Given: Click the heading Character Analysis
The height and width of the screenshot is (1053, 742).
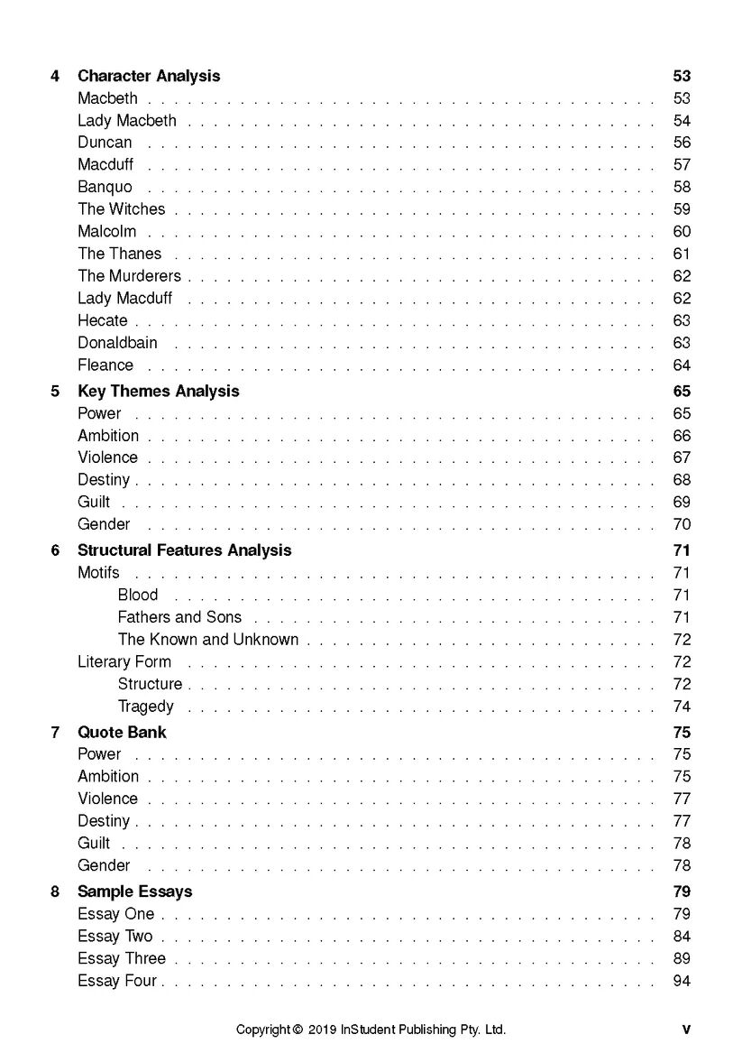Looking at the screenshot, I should (149, 76).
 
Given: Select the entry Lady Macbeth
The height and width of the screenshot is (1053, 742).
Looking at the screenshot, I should (127, 121).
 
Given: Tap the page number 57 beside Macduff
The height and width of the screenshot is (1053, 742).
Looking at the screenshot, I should (682, 165).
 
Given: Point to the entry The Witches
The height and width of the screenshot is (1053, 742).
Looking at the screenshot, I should (122, 209).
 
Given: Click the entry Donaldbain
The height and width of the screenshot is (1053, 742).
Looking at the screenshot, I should (117, 343).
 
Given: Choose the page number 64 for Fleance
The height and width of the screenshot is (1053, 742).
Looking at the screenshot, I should (682, 365).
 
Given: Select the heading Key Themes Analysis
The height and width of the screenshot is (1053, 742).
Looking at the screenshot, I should (159, 392).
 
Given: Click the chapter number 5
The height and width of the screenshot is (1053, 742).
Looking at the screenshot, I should (55, 392).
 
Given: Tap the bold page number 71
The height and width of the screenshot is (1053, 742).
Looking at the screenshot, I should (682, 550).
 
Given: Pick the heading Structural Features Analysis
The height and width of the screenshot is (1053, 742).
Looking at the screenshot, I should (185, 550).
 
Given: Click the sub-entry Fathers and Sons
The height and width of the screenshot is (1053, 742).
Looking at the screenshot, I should (179, 617).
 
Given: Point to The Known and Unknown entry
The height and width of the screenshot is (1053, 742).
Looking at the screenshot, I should (208, 640).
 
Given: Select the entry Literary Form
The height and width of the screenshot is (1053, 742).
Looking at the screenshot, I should (124, 661).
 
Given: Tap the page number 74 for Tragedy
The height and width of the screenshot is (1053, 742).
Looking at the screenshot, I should (682, 707).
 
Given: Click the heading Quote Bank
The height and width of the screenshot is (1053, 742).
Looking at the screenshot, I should (122, 733).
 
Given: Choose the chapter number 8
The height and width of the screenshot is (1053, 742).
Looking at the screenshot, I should (55, 891).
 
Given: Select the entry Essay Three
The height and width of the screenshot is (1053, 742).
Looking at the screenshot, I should (122, 958).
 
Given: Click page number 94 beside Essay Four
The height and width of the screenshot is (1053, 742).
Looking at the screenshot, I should (682, 981).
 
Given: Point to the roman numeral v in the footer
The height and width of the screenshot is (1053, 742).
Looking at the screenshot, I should (686, 1030).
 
